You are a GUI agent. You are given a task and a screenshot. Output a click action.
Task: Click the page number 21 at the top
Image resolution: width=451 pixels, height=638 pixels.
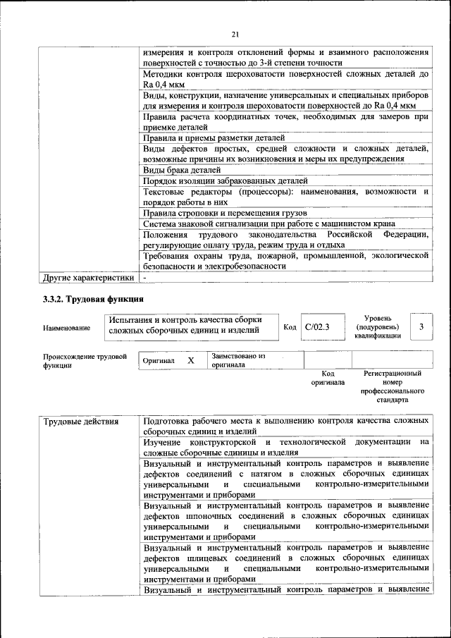point(235,35)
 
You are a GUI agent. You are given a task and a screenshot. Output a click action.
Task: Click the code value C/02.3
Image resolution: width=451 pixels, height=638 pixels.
point(317,327)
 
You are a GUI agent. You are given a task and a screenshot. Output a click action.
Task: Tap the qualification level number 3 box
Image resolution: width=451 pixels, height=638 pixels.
point(421,327)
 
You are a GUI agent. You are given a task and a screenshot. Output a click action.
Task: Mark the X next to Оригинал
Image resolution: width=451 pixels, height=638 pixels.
point(190,360)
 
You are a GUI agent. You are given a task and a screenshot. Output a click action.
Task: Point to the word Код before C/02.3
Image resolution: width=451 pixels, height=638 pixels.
point(290,327)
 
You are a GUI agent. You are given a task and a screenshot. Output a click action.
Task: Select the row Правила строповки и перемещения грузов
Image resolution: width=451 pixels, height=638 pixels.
point(225,212)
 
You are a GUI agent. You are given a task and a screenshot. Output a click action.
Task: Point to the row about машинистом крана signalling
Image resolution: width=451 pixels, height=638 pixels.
point(273,223)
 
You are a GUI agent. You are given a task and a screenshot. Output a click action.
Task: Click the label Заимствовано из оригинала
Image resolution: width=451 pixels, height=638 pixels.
point(238,360)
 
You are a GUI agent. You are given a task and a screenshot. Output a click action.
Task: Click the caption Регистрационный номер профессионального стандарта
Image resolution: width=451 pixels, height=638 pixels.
point(393,386)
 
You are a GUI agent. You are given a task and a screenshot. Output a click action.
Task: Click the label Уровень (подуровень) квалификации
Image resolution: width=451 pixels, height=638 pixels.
point(378,327)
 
